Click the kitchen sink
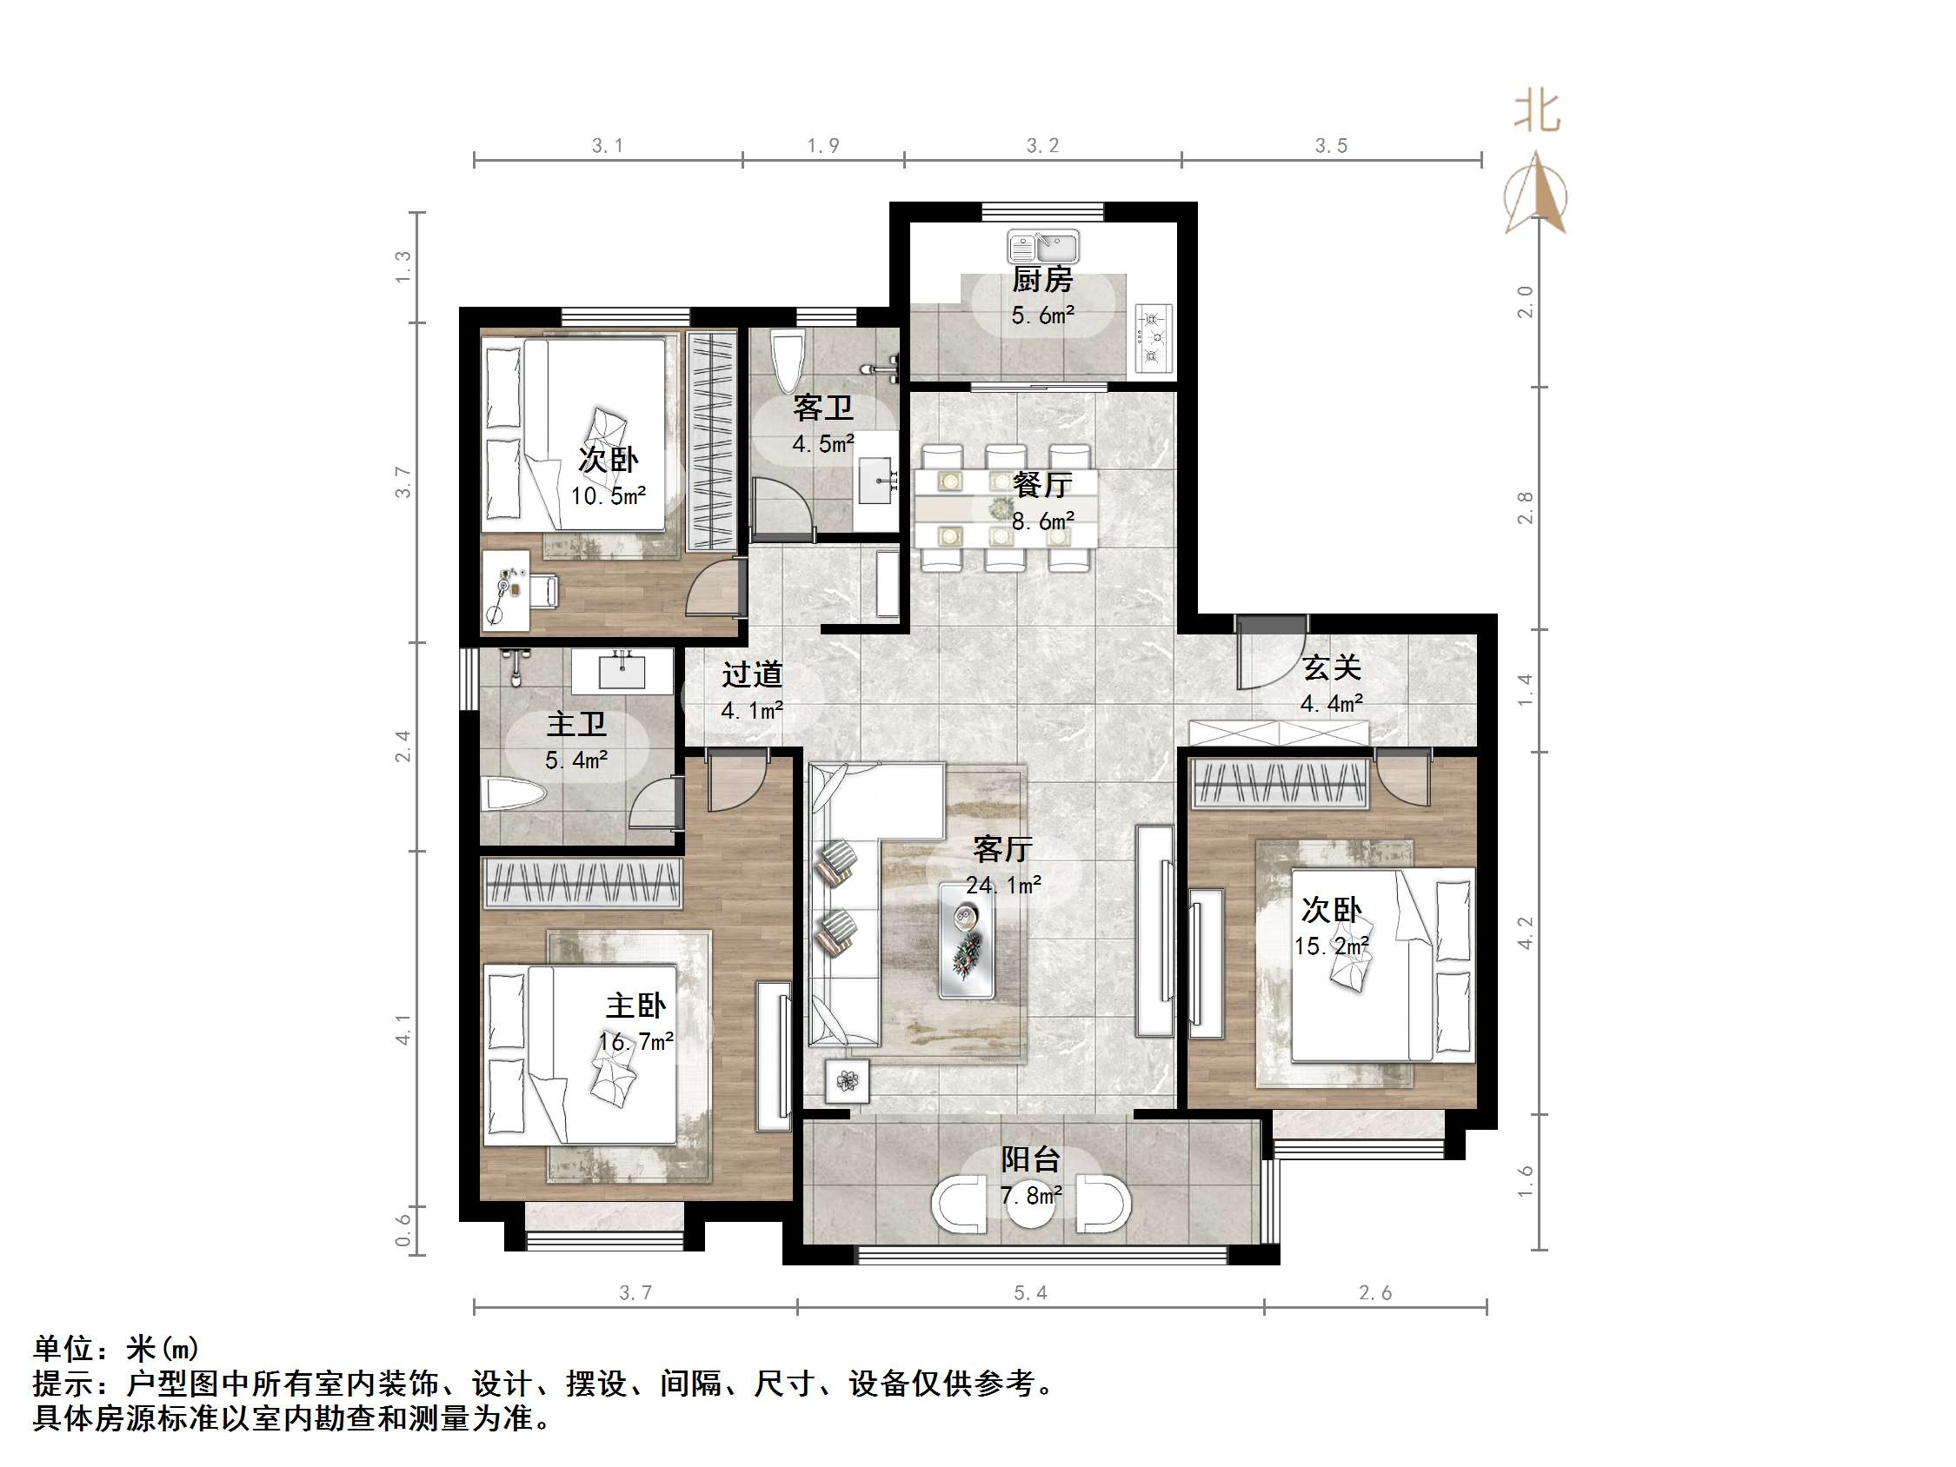tap(1042, 247)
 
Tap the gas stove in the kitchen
tap(1152, 338)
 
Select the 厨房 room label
tap(1041, 281)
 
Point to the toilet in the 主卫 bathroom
tap(513, 794)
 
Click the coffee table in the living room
tap(966, 941)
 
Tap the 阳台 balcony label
tap(1030, 1159)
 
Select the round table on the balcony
tap(1031, 1205)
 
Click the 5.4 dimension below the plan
tap(1029, 1293)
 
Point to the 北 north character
tap(1537, 113)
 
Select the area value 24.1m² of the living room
tap(1002, 884)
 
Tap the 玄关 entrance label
tap(1331, 667)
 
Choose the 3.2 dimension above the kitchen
tap(1041, 146)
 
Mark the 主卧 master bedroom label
tap(635, 1006)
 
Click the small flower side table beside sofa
tap(847, 1080)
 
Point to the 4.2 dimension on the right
tap(1525, 933)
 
